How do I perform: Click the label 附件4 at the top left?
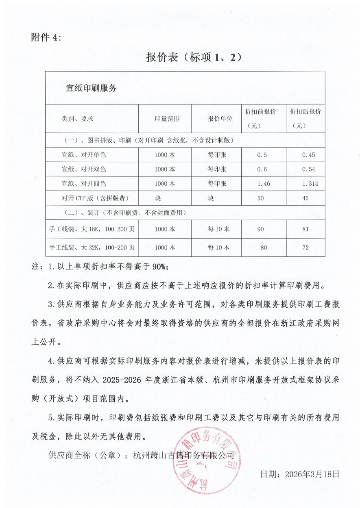pyautogui.click(x=46, y=38)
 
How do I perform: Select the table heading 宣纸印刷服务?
pyautogui.click(x=91, y=88)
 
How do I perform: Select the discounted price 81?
pyautogui.click(x=306, y=229)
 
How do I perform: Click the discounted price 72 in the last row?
pyautogui.click(x=306, y=247)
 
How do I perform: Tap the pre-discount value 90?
pyautogui.click(x=261, y=229)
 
